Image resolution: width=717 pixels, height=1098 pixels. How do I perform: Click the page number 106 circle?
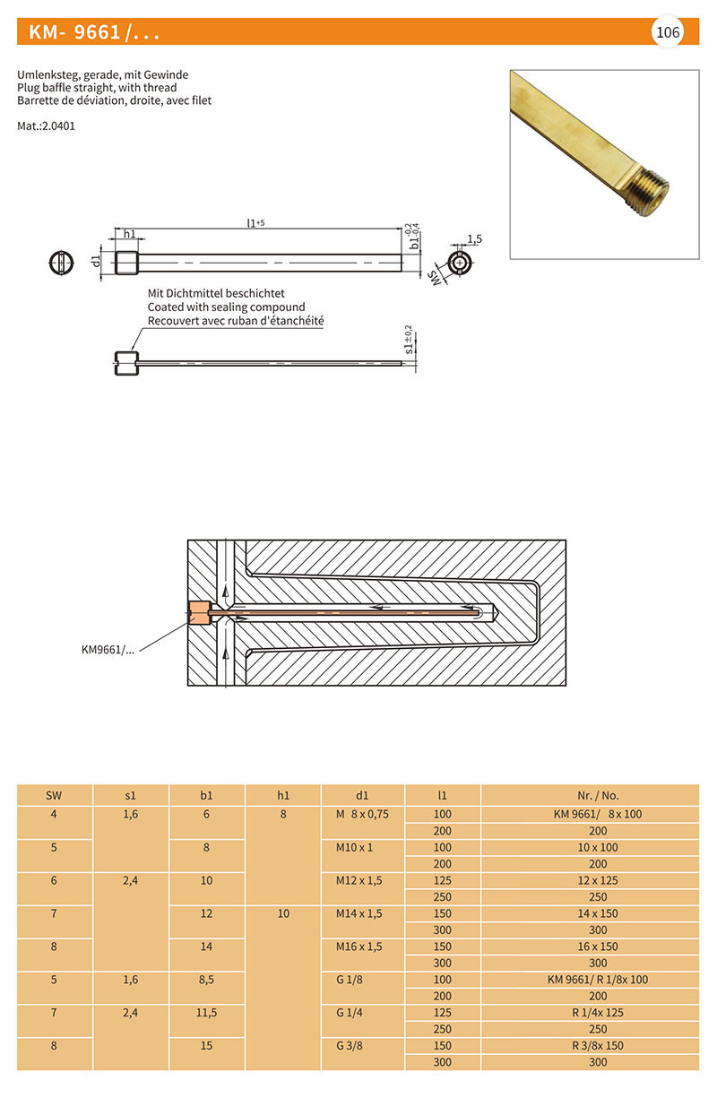(668, 32)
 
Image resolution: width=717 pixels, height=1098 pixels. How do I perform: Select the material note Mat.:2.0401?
(46, 126)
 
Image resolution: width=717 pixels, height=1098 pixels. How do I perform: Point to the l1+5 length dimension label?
(255, 222)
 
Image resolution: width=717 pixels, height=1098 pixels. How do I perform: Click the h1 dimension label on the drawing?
(129, 234)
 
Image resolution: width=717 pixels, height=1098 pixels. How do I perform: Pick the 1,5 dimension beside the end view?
(474, 239)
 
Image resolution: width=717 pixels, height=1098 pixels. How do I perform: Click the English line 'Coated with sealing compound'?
(226, 307)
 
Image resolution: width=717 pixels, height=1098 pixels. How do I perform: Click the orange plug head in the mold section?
(198, 613)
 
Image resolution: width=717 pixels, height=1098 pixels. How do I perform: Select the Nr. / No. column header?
(598, 795)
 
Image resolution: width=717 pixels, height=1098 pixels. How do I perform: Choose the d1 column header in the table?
(362, 795)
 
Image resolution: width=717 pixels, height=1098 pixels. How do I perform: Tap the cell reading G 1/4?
(348, 1012)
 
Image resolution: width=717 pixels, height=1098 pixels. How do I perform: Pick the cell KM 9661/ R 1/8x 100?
(598, 980)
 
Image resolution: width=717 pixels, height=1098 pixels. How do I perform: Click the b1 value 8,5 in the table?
(206, 980)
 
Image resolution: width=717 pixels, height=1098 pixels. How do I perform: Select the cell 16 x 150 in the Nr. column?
(598, 947)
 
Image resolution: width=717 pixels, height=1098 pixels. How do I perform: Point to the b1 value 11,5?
(206, 1012)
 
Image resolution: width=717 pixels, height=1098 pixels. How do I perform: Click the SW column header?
(54, 795)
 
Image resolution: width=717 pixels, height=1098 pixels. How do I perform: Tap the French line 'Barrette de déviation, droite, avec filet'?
(114, 101)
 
